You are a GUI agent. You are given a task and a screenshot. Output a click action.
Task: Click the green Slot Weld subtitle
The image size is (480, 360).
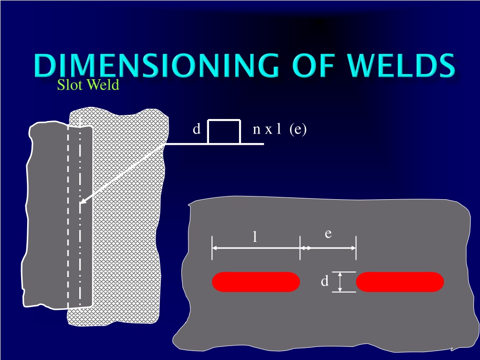coord(88,85)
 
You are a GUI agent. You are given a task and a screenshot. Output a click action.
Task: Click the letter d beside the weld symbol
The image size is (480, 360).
coord(196,129)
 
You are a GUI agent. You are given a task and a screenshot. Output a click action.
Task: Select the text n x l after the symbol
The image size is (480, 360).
coord(267,129)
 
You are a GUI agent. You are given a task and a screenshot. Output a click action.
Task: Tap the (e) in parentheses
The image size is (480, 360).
coord(298,129)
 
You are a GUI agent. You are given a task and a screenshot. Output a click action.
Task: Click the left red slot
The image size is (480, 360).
coord(256,282)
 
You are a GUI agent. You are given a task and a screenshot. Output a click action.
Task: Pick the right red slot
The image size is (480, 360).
coord(400,282)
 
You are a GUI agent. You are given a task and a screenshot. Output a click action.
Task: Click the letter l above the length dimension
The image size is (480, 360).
coord(255,237)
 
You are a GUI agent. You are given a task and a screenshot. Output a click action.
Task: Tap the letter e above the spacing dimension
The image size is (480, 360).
coord(328,234)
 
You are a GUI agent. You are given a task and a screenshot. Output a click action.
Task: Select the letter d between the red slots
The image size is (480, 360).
coord(324,280)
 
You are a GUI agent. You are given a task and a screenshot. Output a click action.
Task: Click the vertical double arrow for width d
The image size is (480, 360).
coord(340,282)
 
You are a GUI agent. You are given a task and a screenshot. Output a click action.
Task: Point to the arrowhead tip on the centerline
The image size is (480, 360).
coord(80,203)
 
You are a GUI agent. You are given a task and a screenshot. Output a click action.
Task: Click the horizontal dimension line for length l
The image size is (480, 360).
coord(256,248)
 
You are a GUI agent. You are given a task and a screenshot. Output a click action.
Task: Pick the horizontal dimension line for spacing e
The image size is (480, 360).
coord(328,248)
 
